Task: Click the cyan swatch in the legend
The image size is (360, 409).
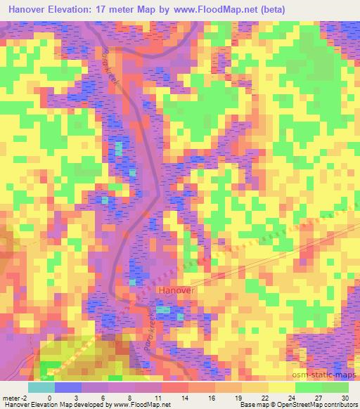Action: click(x=41, y=387)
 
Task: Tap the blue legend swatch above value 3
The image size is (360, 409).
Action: click(x=67, y=387)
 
